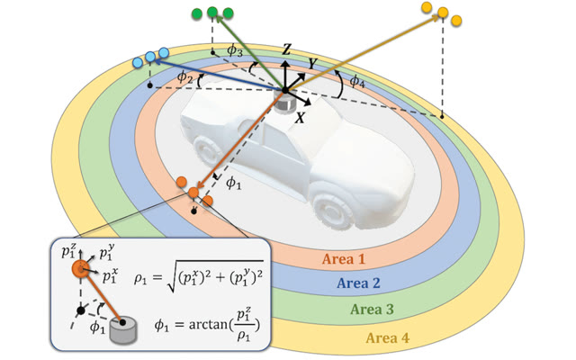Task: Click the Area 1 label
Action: point(344,259)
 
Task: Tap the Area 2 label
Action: point(358,283)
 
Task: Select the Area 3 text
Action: point(372,310)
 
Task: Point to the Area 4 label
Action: point(388,338)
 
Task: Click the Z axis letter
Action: point(286,49)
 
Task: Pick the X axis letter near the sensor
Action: point(301,118)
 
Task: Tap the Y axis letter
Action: point(312,64)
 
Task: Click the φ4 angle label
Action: point(356,81)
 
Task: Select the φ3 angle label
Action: point(234,50)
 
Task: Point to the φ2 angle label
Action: point(184,76)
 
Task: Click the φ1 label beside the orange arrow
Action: point(233,183)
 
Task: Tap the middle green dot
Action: point(212,12)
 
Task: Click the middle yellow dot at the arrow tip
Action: point(443,13)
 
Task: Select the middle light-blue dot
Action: point(150,57)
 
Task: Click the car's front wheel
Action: point(333,211)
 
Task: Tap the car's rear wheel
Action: point(206,150)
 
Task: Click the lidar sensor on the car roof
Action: point(284,102)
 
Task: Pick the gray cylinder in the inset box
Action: point(124,330)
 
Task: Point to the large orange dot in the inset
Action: point(80,269)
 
